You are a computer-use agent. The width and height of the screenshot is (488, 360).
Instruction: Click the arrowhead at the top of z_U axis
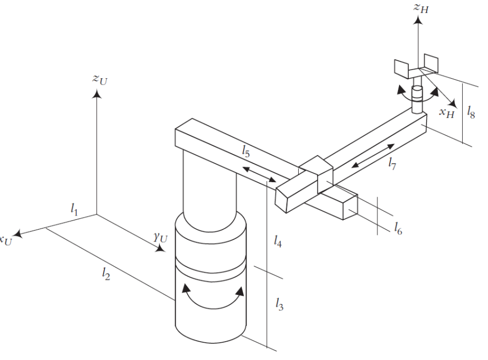click(x=97, y=94)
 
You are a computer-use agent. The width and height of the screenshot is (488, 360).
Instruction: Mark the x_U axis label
click(x=6, y=239)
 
